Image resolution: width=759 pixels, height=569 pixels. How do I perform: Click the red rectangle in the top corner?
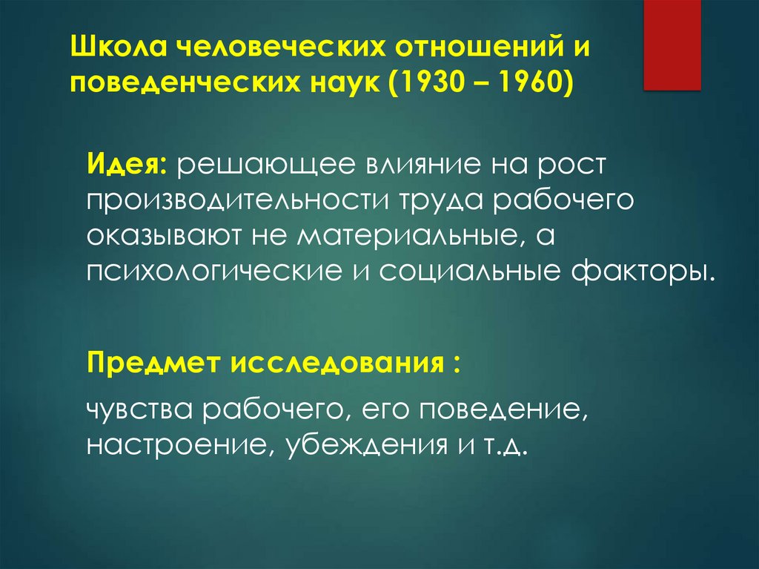672,45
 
